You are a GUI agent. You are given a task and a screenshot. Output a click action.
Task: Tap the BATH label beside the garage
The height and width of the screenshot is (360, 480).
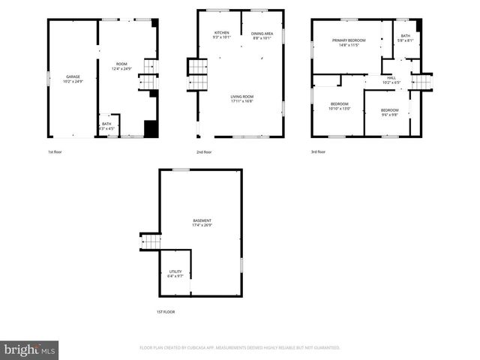[x=106, y=126]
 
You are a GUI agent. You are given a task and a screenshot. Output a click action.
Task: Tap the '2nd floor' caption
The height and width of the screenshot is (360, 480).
[x=204, y=152]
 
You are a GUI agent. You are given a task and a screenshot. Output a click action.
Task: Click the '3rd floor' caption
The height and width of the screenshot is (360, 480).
[x=318, y=152]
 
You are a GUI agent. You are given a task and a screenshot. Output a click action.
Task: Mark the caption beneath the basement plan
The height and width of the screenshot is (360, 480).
[x=165, y=311]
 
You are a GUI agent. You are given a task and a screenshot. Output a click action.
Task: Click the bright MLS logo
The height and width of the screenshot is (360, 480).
[x=30, y=349]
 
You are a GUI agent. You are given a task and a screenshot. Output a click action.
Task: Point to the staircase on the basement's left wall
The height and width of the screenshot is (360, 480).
[x=151, y=242]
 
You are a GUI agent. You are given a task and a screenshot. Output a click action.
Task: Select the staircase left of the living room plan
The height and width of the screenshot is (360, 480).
[x=196, y=73]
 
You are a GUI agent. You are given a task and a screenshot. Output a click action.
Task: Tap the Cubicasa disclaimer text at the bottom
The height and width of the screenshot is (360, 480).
[x=240, y=348]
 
